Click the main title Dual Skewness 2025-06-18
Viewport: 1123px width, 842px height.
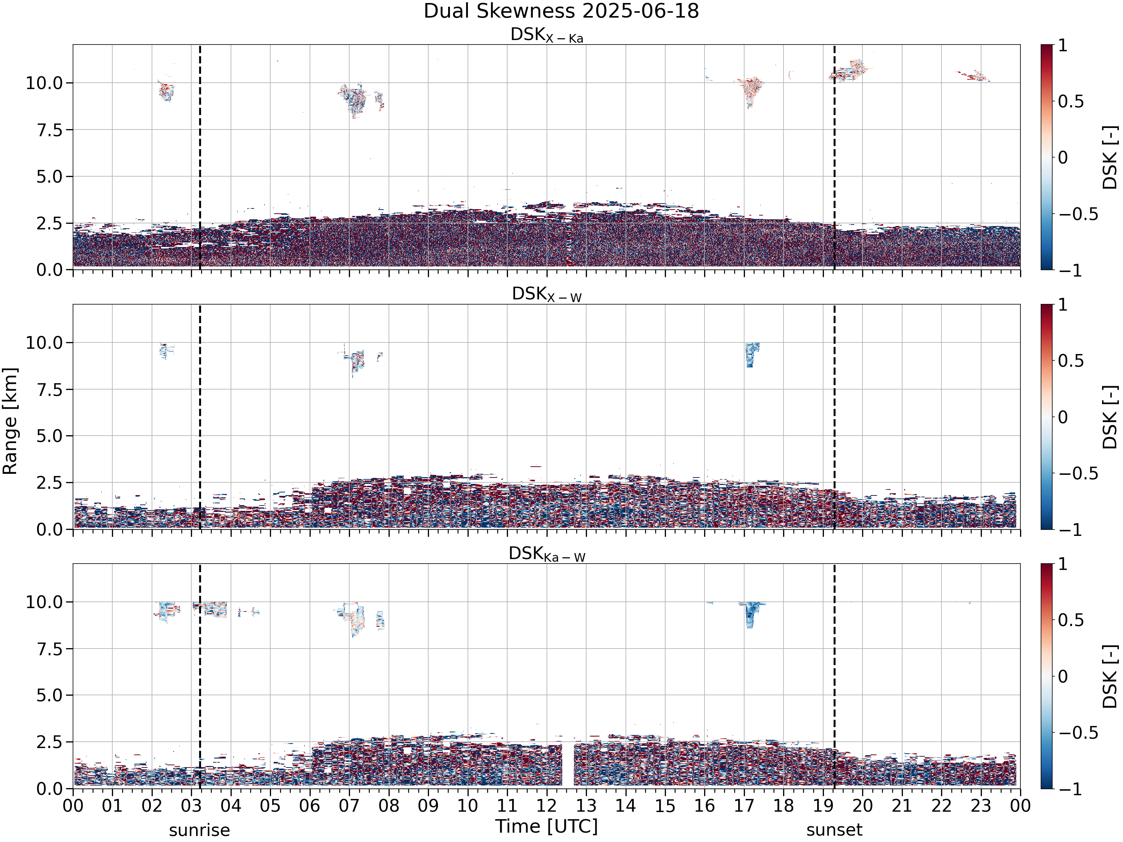tap(561, 11)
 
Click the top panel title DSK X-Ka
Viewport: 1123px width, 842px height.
tap(547, 35)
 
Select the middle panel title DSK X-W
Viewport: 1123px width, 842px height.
tap(547, 295)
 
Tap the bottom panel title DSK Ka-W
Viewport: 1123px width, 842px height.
tap(547, 554)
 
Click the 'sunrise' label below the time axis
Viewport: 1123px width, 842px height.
tap(200, 830)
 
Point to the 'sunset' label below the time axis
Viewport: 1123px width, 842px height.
tap(834, 830)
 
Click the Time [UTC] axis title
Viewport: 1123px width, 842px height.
tap(547, 826)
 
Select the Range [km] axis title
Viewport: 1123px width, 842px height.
tap(10, 421)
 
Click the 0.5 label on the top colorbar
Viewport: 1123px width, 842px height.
tap(1070, 101)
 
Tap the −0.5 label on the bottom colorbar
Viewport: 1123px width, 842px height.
tap(1078, 732)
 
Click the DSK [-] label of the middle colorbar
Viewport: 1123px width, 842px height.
tap(1110, 417)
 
